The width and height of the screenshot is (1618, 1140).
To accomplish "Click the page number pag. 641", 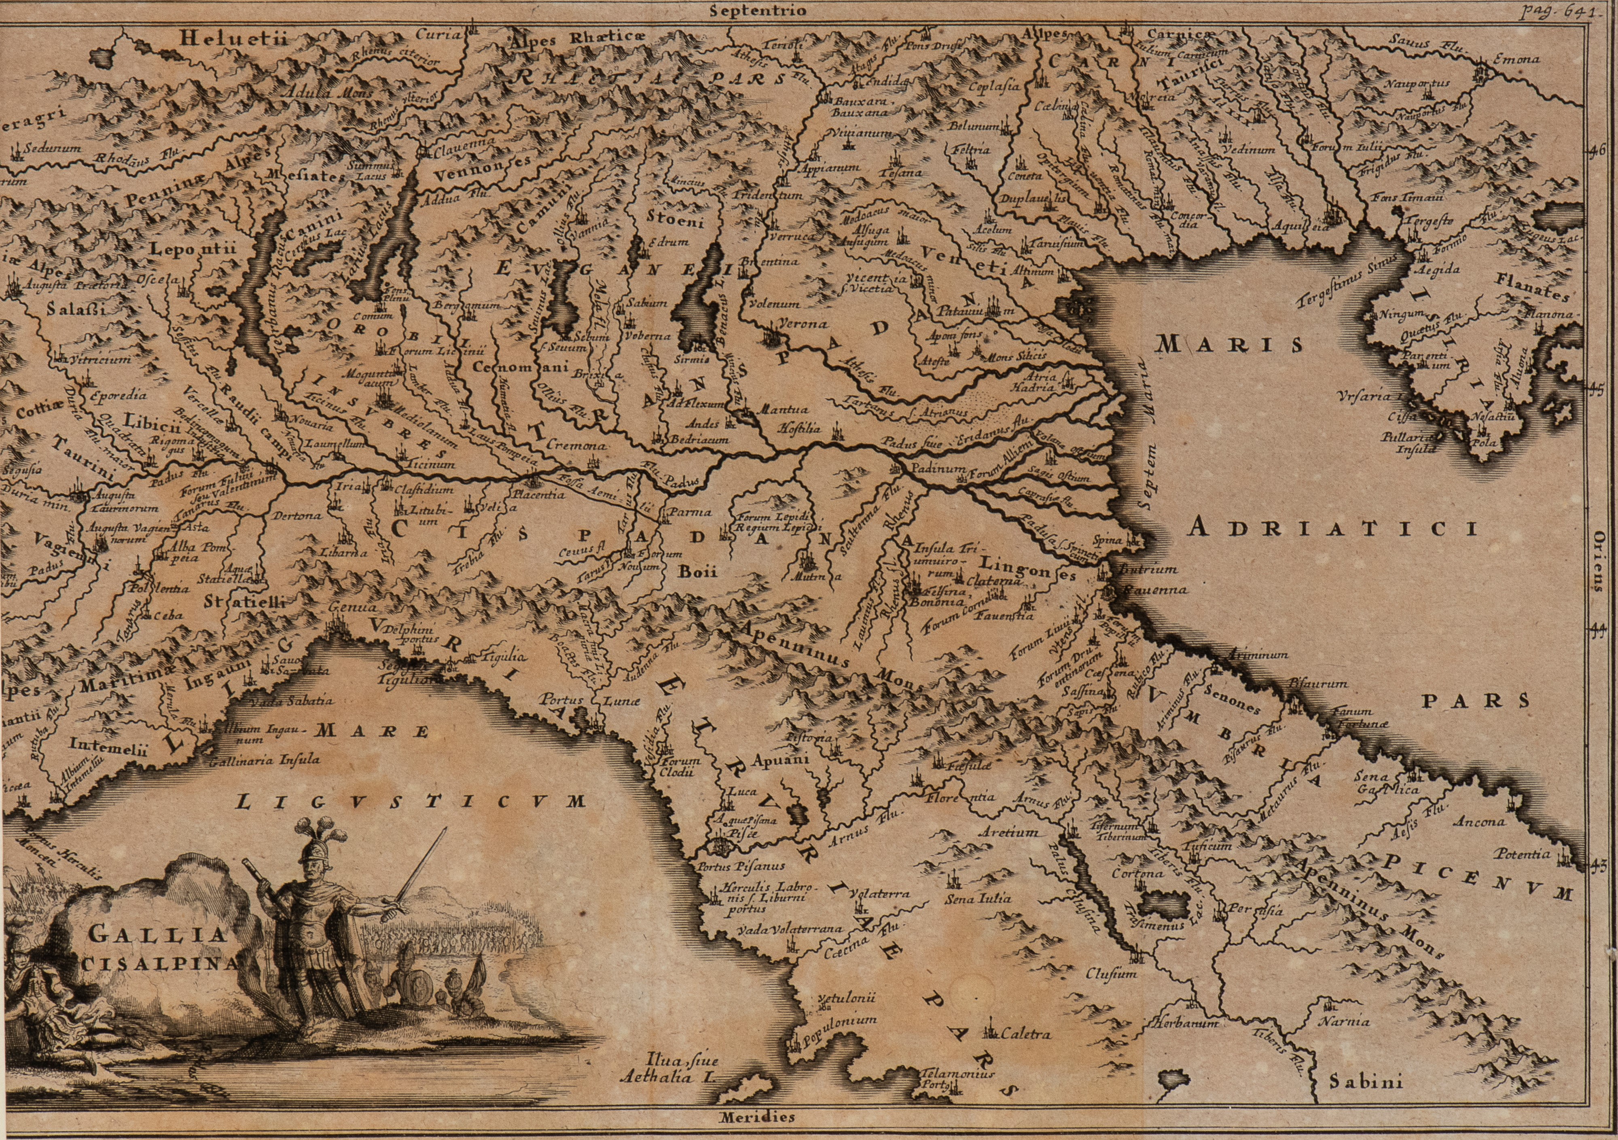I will pyautogui.click(x=1556, y=10).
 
